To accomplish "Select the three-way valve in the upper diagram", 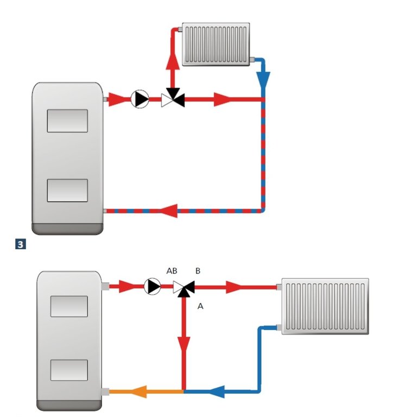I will click(x=173, y=99).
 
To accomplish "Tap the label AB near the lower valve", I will click(x=172, y=270).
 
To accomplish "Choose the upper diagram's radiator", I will click(x=216, y=44).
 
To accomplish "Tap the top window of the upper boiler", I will click(x=67, y=121).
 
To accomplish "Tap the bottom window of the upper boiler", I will click(x=67, y=189).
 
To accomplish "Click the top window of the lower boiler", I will click(x=69, y=306).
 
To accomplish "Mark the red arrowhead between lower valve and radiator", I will click(x=235, y=287).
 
